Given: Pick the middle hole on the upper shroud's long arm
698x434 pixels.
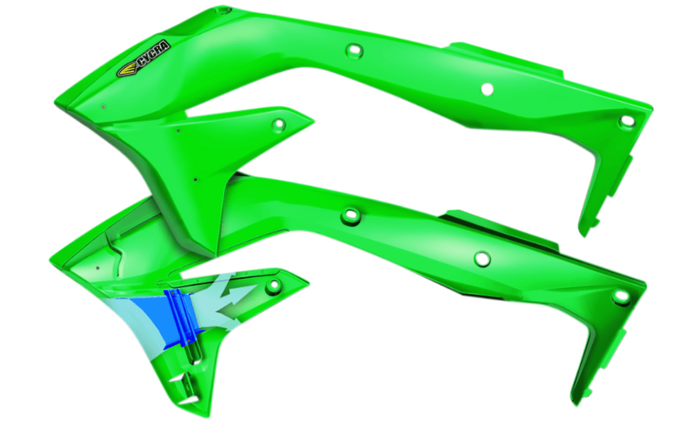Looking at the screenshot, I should click(487, 88).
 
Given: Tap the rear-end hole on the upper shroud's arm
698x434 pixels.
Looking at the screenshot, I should click(626, 121).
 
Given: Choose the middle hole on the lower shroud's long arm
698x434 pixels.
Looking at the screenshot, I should click(482, 258).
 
